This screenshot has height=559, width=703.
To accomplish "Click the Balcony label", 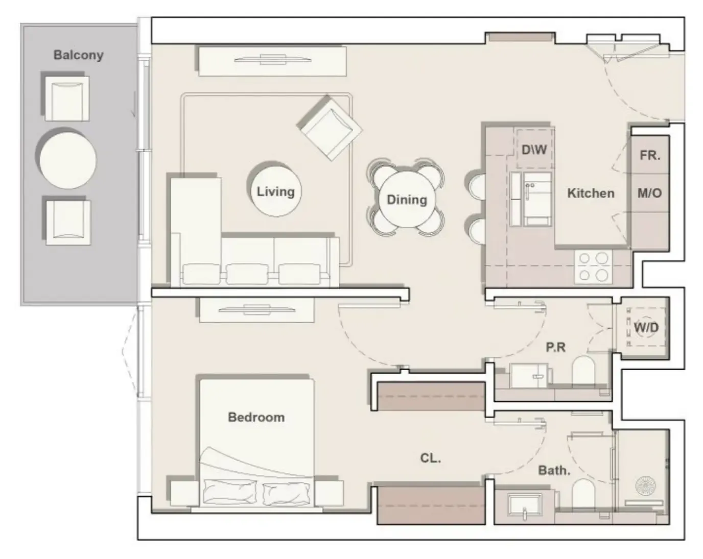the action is [78, 55].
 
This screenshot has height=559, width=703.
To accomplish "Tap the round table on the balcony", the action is [68, 160].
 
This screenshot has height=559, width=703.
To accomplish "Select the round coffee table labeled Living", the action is [275, 191].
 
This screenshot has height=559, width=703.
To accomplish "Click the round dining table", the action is [407, 200].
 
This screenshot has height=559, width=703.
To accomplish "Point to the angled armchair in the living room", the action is [331, 129].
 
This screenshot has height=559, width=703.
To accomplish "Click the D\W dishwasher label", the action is [534, 150].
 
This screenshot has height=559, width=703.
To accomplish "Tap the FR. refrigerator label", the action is [650, 155].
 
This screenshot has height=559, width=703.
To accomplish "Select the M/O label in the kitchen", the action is [650, 193].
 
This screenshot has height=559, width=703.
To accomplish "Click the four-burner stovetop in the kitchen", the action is [593, 267].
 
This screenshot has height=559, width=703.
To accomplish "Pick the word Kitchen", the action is [591, 193].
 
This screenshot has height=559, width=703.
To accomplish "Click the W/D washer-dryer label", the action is [646, 327].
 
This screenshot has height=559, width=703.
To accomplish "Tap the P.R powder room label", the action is [556, 348].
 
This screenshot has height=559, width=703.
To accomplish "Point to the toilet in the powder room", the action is [583, 371].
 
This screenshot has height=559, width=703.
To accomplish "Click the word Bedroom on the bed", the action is [256, 417].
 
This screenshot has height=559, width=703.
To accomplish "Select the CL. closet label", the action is [431, 458].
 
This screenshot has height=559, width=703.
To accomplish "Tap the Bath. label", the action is [554, 471].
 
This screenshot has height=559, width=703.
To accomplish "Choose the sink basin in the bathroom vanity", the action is [525, 504].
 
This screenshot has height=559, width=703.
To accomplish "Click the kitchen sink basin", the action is [537, 199].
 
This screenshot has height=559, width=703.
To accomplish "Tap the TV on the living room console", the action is [273, 60].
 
